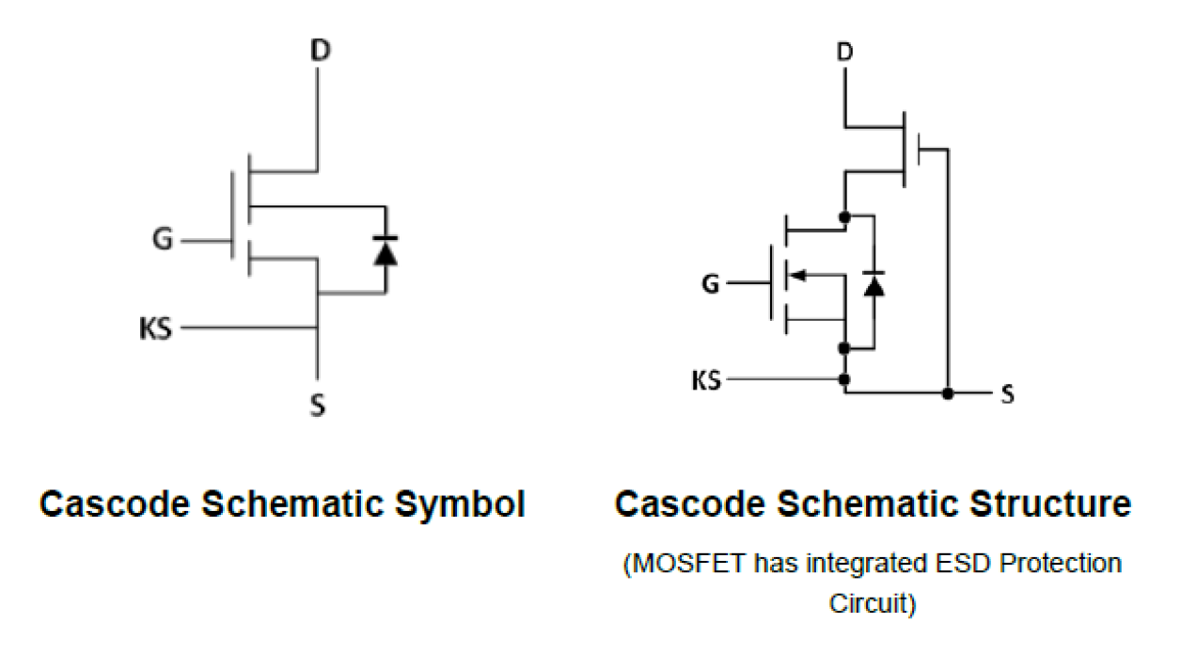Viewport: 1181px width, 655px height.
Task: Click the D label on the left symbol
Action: pos(320,51)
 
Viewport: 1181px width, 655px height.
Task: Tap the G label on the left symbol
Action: pos(163,242)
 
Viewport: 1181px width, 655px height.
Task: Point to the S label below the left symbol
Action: pos(318,407)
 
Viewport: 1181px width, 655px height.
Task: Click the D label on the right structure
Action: pos(844,51)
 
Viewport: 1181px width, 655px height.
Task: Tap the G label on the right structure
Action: pos(710,282)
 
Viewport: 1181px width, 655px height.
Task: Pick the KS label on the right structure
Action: pos(706,381)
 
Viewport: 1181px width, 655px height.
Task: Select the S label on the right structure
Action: pos(1007,394)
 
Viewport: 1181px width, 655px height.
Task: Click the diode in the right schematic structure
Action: pos(874,283)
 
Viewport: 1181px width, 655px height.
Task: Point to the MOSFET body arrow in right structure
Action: pos(795,275)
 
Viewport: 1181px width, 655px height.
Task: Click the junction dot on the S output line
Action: pos(948,393)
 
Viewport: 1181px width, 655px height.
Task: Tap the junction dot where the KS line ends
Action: pos(844,380)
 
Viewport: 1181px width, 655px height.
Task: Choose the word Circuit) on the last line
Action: pos(872,603)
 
